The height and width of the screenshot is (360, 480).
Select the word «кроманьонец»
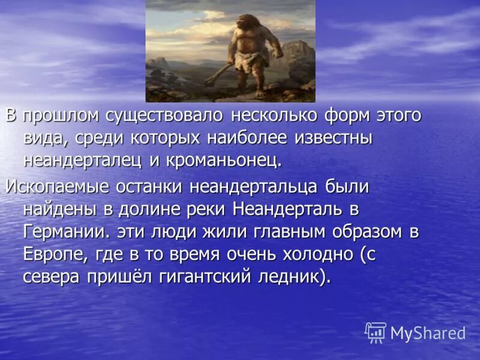221,161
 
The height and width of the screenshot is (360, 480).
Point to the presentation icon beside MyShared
376,332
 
